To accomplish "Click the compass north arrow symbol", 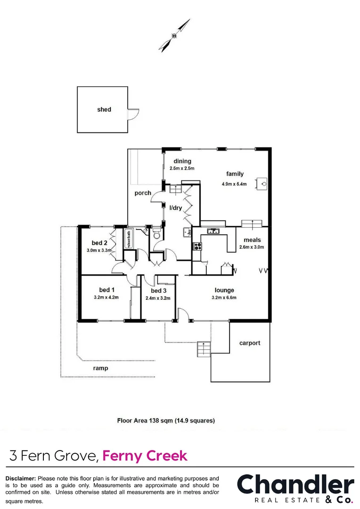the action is pyautogui.click(x=174, y=35).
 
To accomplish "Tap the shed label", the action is pyautogui.click(x=104, y=109).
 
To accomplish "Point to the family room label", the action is pyautogui.click(x=235, y=174).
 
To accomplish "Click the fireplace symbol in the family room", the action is pyautogui.click(x=263, y=183).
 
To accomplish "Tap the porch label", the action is pyautogui.click(x=143, y=193).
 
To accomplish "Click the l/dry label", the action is pyautogui.click(x=176, y=207).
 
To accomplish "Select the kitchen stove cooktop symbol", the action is pyautogui.click(x=197, y=246).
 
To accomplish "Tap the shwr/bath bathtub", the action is pyautogui.click(x=128, y=239).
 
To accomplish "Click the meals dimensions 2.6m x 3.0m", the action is pyautogui.click(x=252, y=247).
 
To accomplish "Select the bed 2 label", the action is pyautogui.click(x=100, y=243).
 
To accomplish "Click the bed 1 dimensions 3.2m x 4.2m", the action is pyautogui.click(x=106, y=297).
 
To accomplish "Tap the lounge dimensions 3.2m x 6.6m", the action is pyautogui.click(x=224, y=297).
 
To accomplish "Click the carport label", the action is pyautogui.click(x=249, y=343).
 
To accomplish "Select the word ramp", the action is pyautogui.click(x=100, y=368).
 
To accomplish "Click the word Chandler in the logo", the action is pyautogui.click(x=295, y=485).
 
